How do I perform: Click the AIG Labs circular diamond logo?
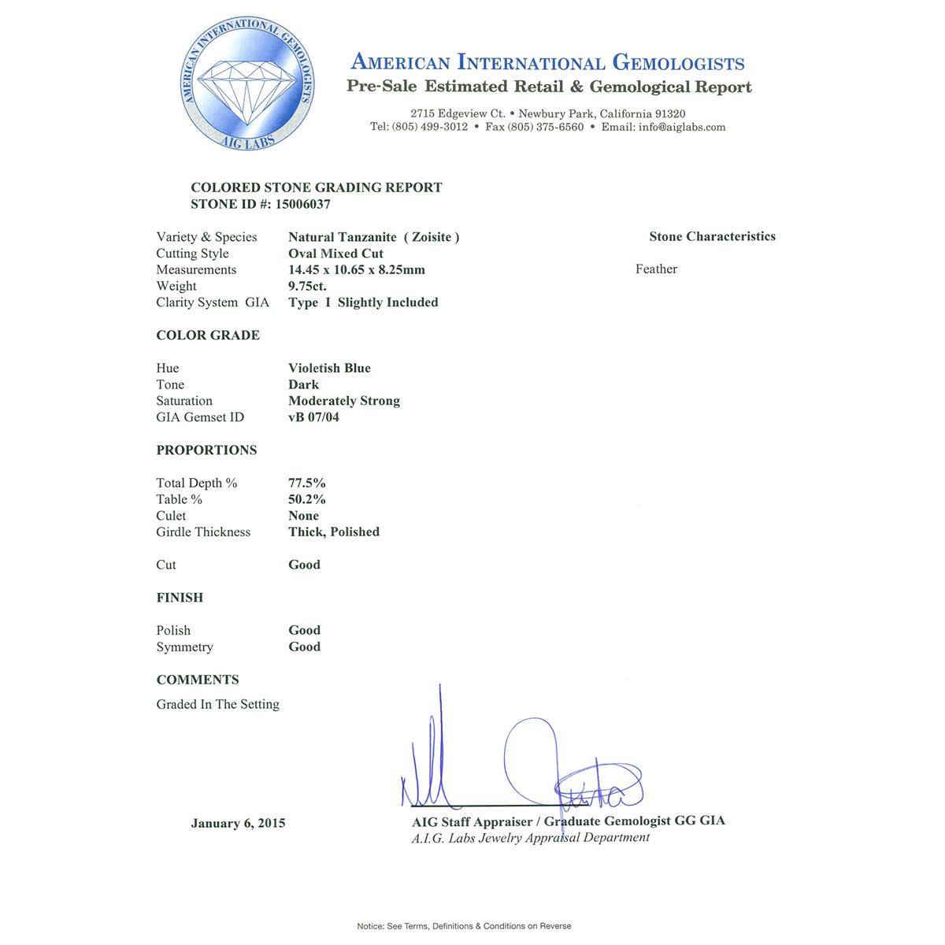tap(248, 84)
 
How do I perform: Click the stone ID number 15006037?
tap(303, 204)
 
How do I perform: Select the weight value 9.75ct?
tap(307, 286)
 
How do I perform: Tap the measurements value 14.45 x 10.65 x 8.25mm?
tap(356, 269)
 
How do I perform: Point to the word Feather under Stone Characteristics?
tap(656, 269)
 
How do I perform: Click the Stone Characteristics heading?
tap(712, 236)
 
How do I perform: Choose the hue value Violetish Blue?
tap(329, 368)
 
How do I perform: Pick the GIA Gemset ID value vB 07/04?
tap(313, 417)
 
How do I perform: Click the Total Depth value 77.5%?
tap(306, 483)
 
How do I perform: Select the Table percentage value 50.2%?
tap(306, 499)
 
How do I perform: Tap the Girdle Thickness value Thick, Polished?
tap(334, 532)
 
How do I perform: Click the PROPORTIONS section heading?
tap(206, 450)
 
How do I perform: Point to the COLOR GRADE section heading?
tap(208, 335)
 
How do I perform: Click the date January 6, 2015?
tap(238, 823)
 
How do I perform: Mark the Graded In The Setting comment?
tap(217, 704)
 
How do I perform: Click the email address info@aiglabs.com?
tap(682, 127)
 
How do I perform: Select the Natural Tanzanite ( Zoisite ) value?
tap(373, 237)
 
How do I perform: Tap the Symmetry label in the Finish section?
tap(184, 647)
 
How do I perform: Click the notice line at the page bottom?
tap(464, 926)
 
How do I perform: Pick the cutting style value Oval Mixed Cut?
tap(335, 254)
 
